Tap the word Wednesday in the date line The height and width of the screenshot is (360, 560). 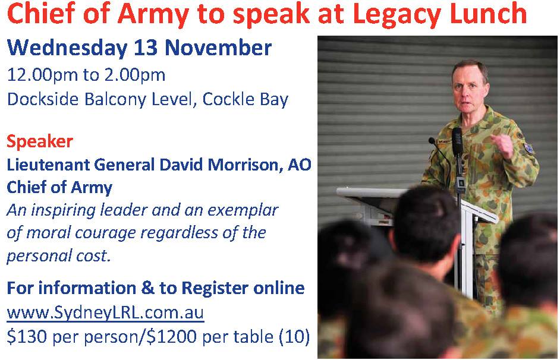[67, 48]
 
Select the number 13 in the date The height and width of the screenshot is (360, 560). [146, 48]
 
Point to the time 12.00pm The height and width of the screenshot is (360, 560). [42, 75]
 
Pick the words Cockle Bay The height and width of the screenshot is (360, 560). [245, 100]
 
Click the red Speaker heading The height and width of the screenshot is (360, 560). [40, 142]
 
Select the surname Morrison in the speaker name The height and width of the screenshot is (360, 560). [245, 165]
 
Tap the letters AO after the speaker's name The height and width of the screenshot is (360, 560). [299, 165]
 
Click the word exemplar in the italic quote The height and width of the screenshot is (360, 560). [243, 210]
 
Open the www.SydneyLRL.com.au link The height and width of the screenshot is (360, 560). [105, 313]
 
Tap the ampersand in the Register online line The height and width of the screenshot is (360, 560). [147, 288]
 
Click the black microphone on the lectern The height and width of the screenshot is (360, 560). [457, 143]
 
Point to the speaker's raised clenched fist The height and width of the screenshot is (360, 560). [502, 145]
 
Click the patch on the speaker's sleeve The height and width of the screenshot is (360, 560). [529, 148]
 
